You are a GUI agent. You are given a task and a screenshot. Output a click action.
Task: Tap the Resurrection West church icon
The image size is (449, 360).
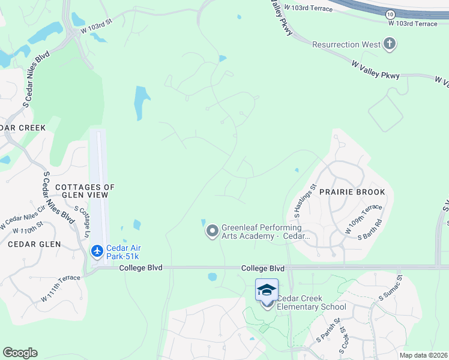(x=390, y=44)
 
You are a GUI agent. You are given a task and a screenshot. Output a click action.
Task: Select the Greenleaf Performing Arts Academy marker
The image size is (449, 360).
(x=212, y=230)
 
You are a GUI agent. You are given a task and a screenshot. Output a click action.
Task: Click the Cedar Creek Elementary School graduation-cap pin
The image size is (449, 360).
(x=267, y=291)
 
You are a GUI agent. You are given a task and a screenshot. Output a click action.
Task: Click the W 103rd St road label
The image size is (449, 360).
(x=97, y=24)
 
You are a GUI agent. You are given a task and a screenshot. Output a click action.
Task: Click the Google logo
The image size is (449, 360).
(x=20, y=353)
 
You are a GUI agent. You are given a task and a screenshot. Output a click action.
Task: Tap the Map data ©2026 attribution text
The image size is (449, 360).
(x=423, y=355)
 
